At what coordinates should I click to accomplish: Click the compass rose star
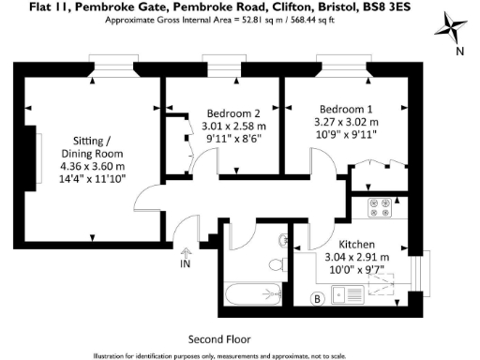point(450,27)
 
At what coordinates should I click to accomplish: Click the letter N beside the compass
point(459,52)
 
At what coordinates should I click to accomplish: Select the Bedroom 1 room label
point(345,107)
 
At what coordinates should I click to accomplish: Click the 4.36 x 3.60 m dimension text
point(94,166)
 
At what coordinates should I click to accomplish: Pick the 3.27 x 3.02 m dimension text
point(346,121)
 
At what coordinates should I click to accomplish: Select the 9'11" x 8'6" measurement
point(233,139)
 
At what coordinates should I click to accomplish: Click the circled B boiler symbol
point(317,299)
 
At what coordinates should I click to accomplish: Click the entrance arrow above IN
point(186,251)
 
